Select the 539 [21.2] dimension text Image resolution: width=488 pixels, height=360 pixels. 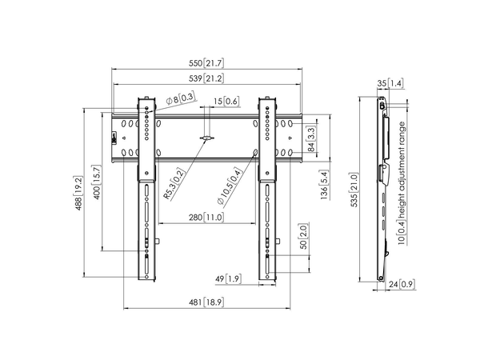(206, 78)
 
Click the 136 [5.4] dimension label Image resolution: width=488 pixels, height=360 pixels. (322, 182)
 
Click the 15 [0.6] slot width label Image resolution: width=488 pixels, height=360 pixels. (226, 102)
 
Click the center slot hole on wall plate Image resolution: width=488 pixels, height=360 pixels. (206, 139)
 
